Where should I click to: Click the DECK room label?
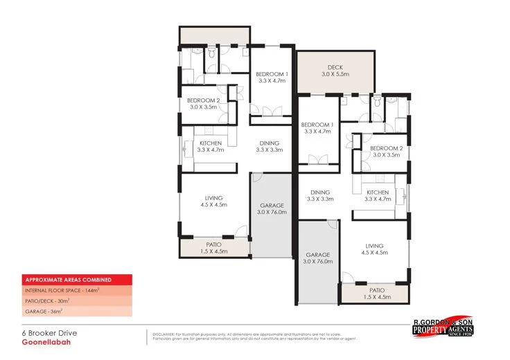tap(336, 66)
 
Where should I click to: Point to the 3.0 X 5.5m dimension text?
tap(336, 74)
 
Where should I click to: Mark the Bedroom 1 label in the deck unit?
tap(317, 124)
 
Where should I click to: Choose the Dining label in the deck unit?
tap(320, 192)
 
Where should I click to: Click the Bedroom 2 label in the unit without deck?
tap(204, 100)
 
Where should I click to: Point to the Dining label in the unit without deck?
tap(270, 143)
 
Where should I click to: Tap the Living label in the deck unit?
tap(375, 246)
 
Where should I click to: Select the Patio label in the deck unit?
tap(377, 290)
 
